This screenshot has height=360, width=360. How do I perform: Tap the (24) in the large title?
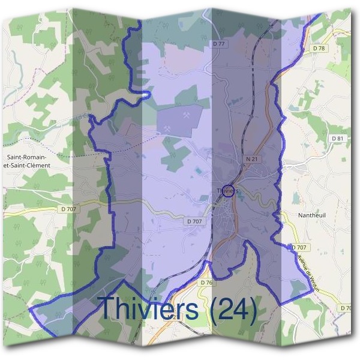(230, 308)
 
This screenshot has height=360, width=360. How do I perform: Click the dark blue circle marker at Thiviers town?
(228, 190)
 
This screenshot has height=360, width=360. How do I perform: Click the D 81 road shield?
(338, 139)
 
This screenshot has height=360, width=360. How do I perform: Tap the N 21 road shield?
(251, 158)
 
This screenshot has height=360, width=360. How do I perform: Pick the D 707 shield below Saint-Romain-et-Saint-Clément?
(70, 209)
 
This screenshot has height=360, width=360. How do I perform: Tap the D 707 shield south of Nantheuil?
(299, 247)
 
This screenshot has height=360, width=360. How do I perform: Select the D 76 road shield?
(207, 283)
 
